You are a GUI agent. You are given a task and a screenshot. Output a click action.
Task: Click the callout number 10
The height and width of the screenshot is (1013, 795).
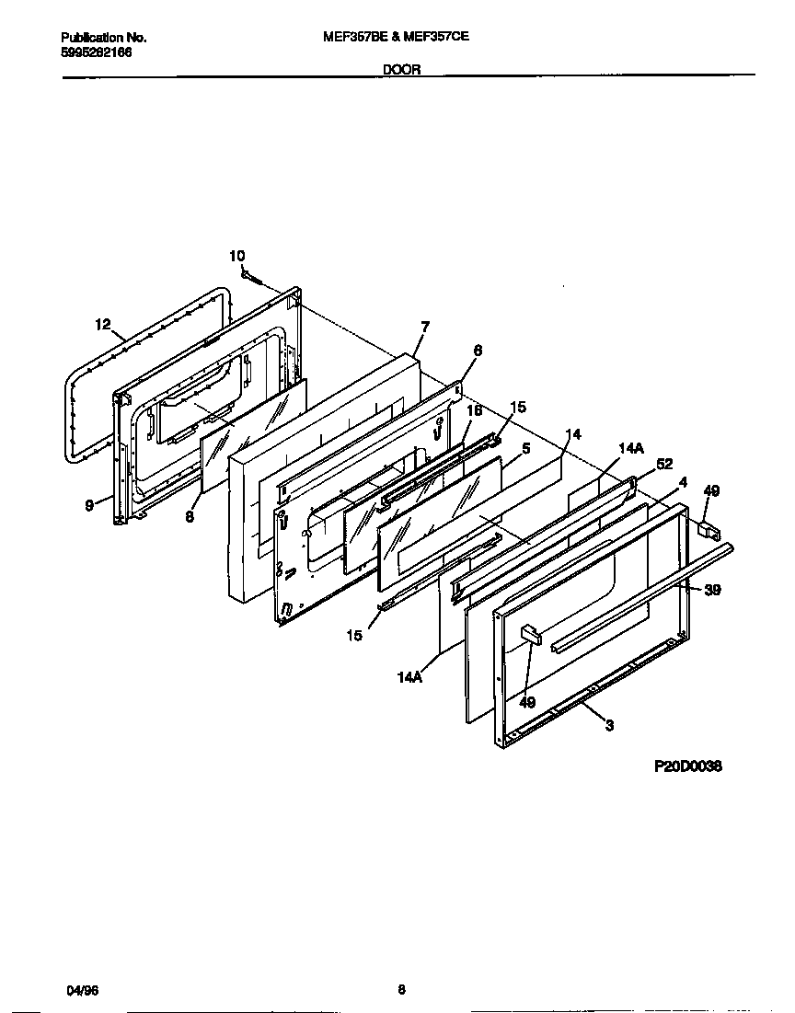click(x=237, y=255)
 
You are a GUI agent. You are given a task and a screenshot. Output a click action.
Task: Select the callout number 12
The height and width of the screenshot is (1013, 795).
click(x=102, y=324)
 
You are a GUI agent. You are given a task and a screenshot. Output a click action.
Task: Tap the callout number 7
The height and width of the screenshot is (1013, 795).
click(x=424, y=327)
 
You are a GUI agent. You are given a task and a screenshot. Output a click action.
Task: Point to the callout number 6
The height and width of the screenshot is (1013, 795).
click(x=478, y=351)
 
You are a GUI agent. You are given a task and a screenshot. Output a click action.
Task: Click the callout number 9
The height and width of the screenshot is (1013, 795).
click(x=90, y=505)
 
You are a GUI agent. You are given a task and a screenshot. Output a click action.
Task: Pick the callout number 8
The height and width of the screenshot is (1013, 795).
click(x=189, y=517)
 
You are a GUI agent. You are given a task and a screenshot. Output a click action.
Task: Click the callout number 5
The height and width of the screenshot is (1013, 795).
click(x=525, y=449)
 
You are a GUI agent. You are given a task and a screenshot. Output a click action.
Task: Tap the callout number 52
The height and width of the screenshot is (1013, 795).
click(x=664, y=464)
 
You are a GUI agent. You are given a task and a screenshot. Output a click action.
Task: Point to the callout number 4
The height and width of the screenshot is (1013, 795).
click(x=682, y=481)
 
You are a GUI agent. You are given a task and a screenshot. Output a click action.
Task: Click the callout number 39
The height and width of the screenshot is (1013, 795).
click(x=712, y=591)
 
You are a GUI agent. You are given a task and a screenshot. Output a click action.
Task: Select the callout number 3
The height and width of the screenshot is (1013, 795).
click(x=609, y=725)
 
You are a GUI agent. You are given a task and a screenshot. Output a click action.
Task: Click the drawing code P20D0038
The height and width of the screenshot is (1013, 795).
click(x=687, y=766)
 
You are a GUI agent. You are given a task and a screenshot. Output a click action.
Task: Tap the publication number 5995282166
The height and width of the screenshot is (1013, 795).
click(x=97, y=52)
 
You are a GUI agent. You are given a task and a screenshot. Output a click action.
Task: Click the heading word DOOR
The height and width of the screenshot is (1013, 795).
click(x=401, y=69)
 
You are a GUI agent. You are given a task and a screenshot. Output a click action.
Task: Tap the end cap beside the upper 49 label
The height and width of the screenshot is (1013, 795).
click(x=707, y=530)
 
